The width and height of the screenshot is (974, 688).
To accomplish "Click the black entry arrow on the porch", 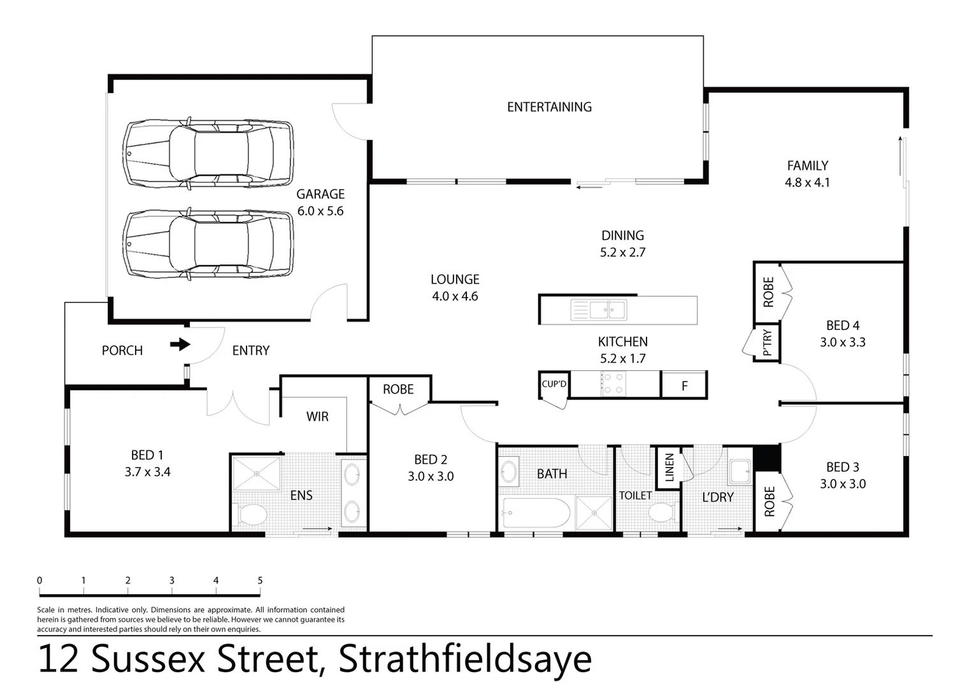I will (x=180, y=345).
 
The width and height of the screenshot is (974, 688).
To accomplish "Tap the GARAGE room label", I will (x=320, y=194).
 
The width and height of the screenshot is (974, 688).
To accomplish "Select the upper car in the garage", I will (x=208, y=153).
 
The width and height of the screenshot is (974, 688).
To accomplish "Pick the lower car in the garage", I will (x=208, y=245).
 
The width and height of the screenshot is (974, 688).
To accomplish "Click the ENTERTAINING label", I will (x=549, y=107).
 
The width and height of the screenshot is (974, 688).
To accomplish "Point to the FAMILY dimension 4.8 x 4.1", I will (x=807, y=182).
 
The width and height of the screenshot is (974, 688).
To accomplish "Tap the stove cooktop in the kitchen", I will (x=613, y=383).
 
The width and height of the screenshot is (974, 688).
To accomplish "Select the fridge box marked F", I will (x=684, y=385).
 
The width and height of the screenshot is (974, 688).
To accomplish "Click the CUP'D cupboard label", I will (x=554, y=383).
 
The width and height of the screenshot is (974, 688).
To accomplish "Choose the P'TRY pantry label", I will (x=766, y=343).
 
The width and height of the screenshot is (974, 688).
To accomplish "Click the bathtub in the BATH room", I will (x=536, y=513).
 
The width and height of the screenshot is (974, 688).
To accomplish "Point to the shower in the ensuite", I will (x=256, y=473).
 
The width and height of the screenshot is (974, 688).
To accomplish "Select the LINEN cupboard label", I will (x=669, y=467).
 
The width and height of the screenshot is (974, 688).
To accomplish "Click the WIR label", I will (x=317, y=417).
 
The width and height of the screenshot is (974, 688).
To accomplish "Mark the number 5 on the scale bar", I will (x=260, y=580).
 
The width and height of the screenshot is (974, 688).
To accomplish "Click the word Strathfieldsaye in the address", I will (x=464, y=659).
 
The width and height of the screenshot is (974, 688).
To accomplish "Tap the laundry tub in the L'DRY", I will (x=740, y=472).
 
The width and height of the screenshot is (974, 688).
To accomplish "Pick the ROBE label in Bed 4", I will (x=768, y=292).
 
